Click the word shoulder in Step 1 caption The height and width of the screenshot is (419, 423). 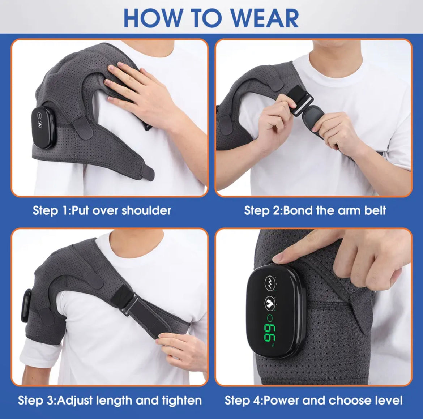(146, 210)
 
